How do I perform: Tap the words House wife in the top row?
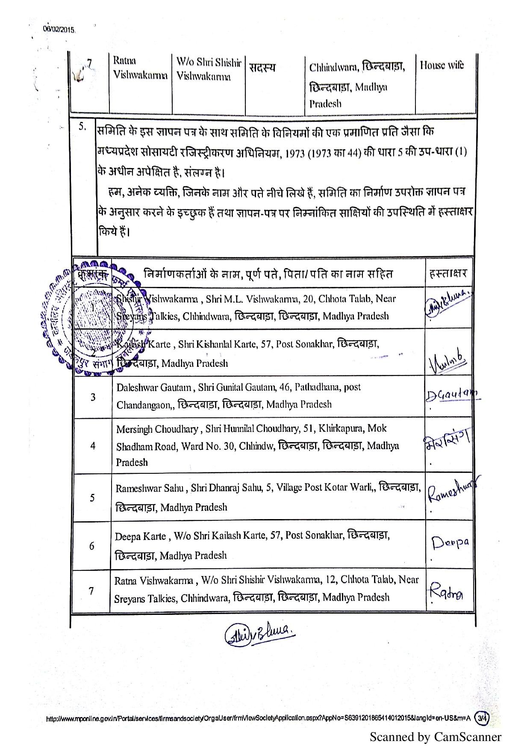[442, 65]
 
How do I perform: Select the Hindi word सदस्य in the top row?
[262, 68]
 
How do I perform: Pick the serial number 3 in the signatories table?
[93, 397]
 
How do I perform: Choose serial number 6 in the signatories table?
[91, 546]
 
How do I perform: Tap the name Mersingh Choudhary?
[157, 429]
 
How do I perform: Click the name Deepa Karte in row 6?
[140, 536]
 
